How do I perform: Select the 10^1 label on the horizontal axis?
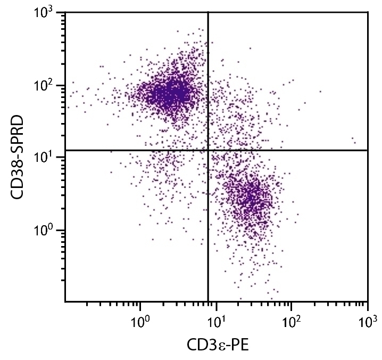click(x=216, y=321)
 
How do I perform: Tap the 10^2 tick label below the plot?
click(x=292, y=321)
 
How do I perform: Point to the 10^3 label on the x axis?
click(x=367, y=321)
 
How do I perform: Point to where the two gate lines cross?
click(x=208, y=150)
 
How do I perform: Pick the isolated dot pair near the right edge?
click(x=354, y=140)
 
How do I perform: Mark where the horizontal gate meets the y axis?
click(x=65, y=150)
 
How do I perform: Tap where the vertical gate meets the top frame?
click(x=208, y=12)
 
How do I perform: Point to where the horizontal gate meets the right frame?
click(x=368, y=150)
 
